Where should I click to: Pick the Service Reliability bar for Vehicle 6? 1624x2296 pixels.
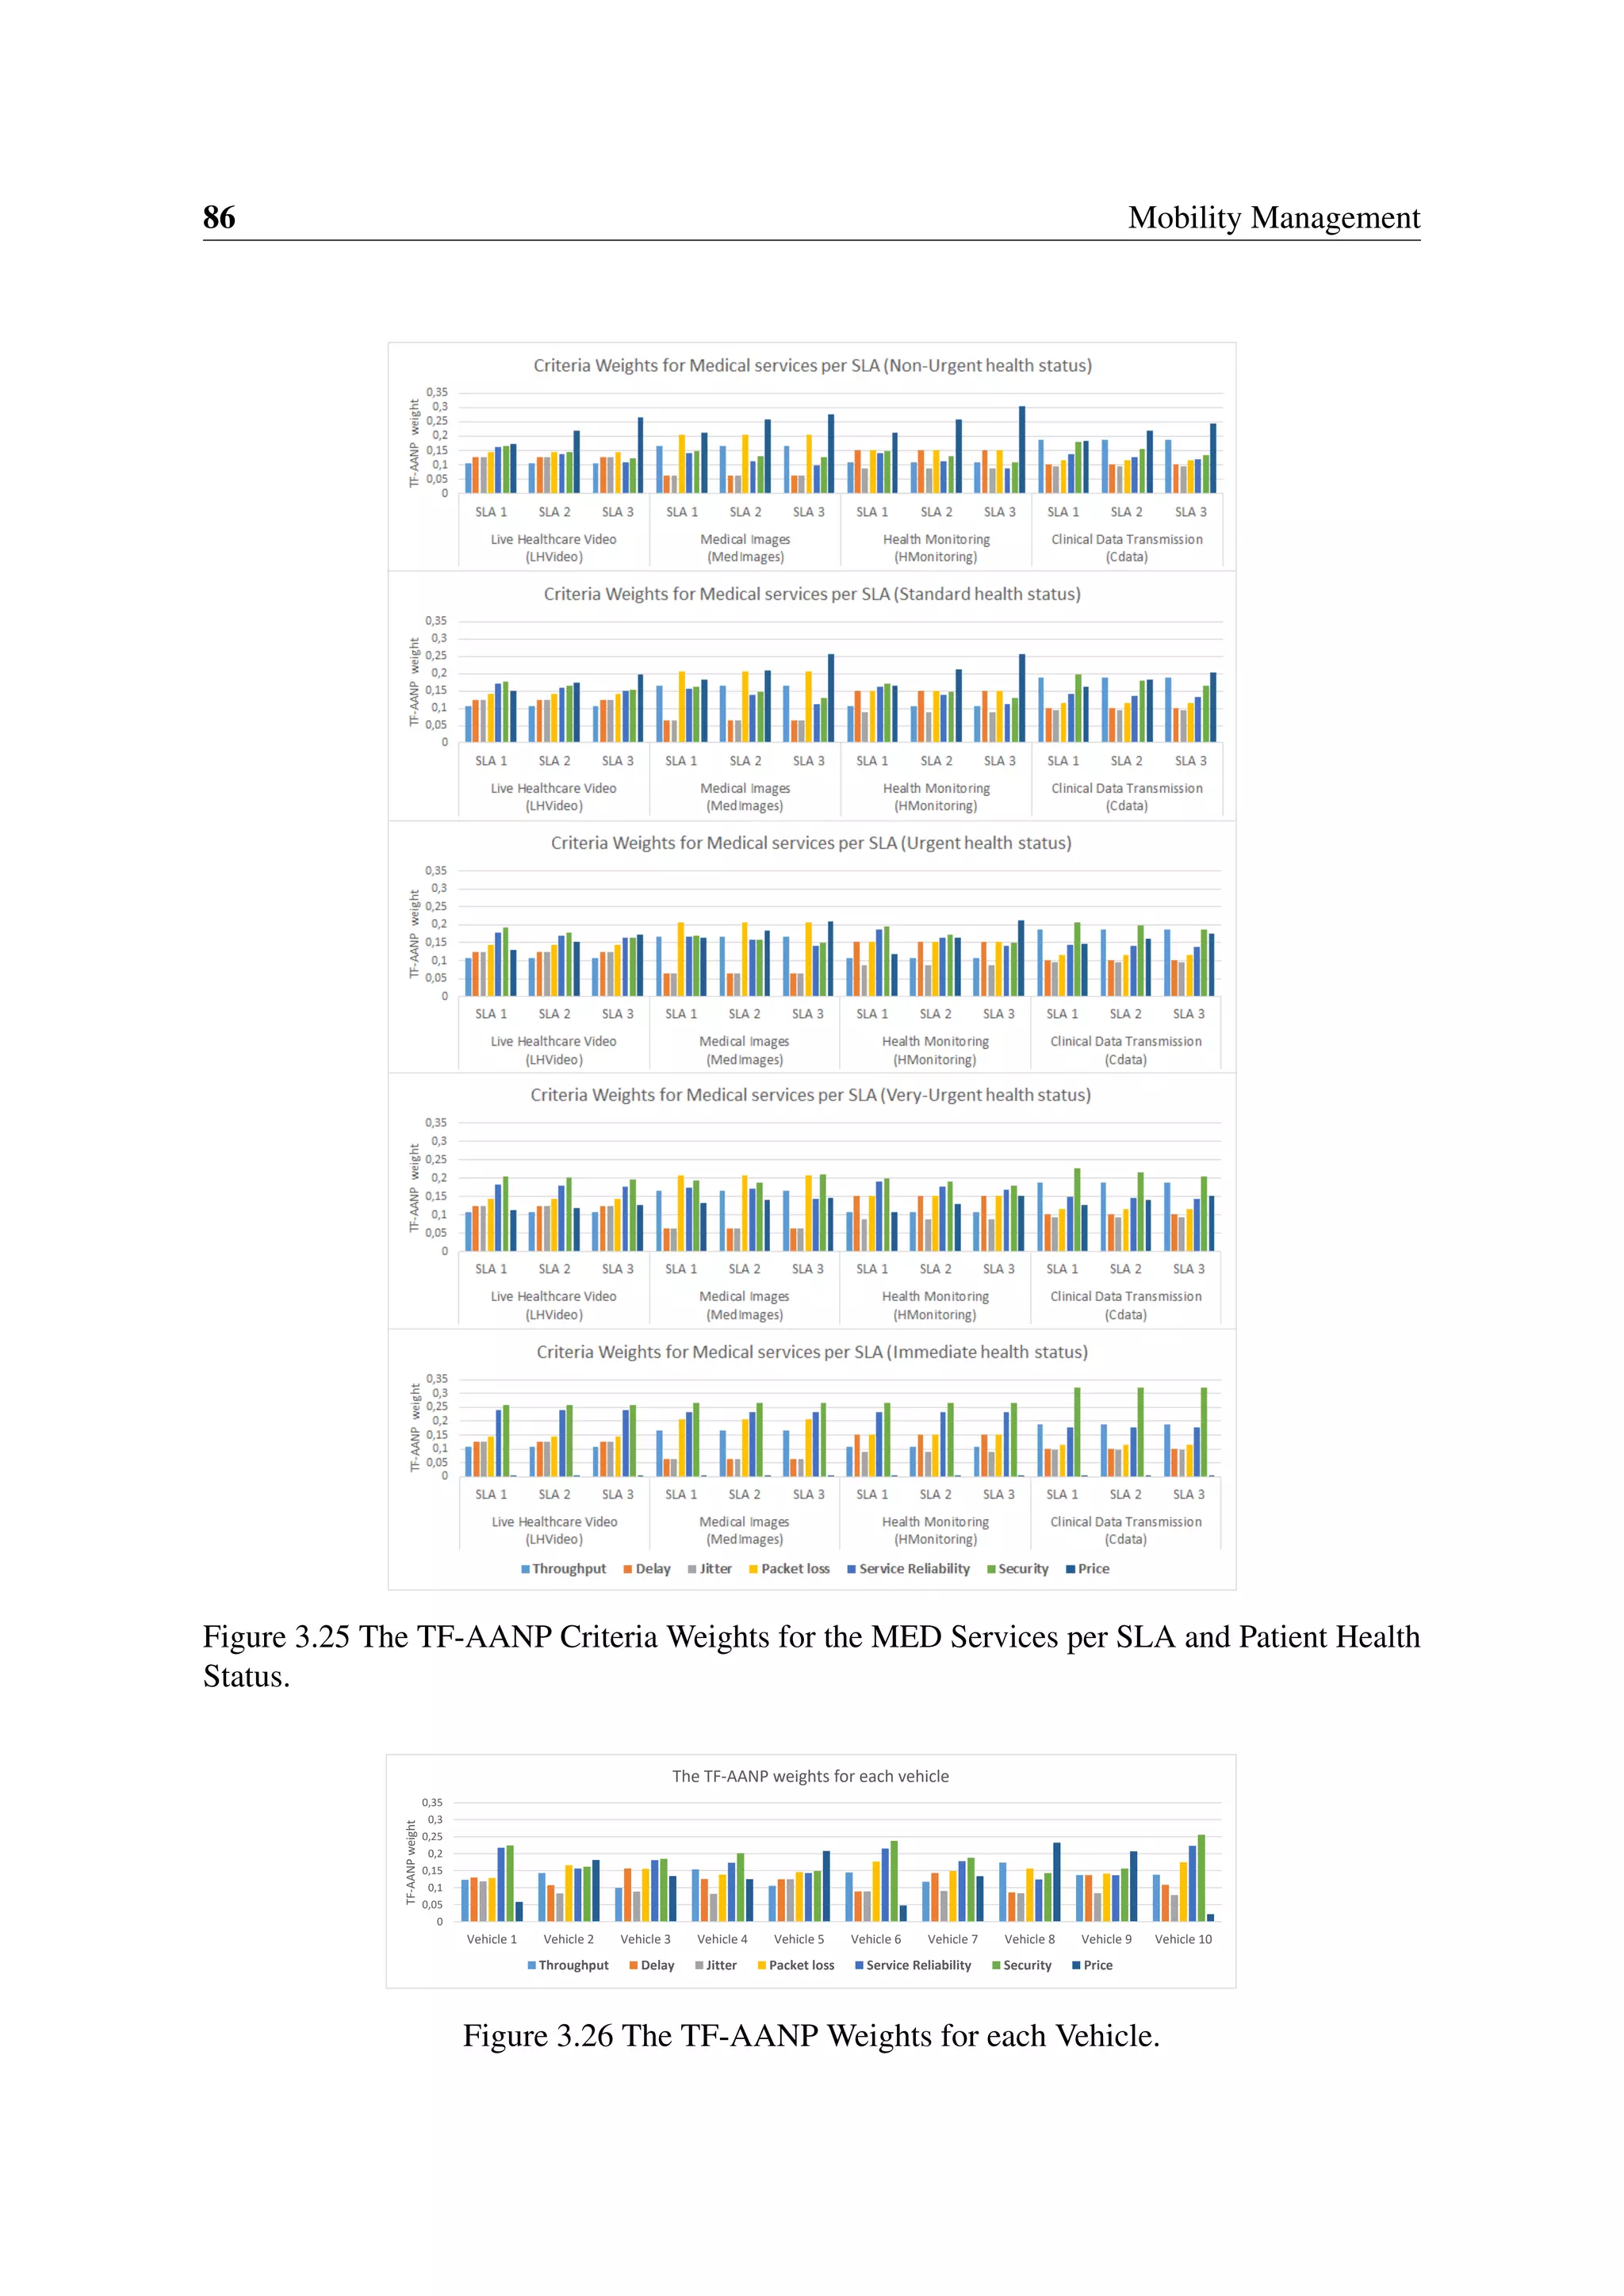tap(885, 1885)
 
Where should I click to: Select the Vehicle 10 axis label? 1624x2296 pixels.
tap(1183, 1939)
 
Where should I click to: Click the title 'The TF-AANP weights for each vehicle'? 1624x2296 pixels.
tap(810, 1776)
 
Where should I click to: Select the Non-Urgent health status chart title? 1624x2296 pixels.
tap(812, 365)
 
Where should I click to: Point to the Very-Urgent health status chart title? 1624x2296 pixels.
tap(810, 1095)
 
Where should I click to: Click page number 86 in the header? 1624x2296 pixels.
tap(219, 217)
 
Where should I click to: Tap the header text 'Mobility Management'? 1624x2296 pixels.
tap(1274, 217)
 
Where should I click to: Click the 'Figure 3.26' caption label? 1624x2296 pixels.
tap(538, 2035)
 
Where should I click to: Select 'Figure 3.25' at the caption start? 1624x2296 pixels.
tap(276, 1636)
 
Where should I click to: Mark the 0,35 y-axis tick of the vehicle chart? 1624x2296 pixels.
tap(432, 1802)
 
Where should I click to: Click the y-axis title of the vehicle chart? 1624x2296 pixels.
tap(411, 1862)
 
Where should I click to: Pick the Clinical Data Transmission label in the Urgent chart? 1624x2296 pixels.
tap(1126, 1041)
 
